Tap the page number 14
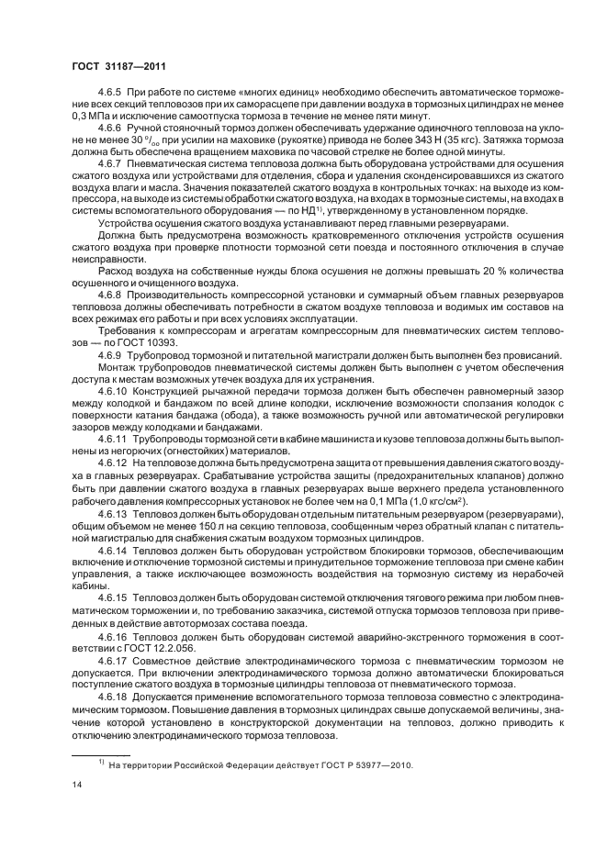pos(78,786)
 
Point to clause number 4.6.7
pos(111,187)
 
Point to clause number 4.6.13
pos(114,515)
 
